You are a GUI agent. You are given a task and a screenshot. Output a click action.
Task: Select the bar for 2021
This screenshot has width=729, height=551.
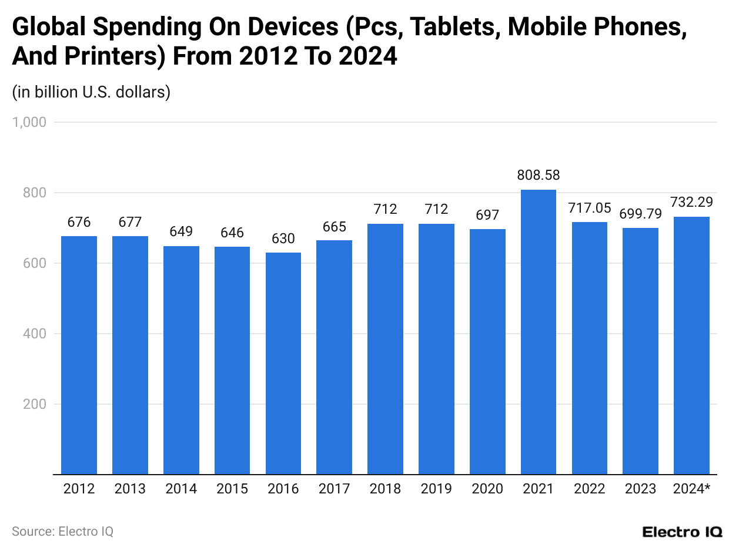(538, 332)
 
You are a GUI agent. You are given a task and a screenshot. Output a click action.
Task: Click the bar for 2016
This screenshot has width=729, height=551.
(283, 363)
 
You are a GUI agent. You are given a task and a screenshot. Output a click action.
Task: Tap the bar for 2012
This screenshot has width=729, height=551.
(79, 355)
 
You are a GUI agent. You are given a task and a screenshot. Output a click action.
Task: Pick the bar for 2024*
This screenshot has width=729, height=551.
(691, 345)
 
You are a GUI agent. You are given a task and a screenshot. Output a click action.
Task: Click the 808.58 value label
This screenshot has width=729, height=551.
(538, 175)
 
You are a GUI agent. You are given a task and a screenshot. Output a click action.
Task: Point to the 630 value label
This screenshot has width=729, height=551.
(283, 238)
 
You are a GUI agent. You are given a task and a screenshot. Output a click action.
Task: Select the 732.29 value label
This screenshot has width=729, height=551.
(691, 202)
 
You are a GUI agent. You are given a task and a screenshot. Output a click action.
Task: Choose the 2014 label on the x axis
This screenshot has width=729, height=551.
(181, 489)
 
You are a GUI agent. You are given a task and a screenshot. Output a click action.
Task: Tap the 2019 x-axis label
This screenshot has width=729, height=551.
(436, 489)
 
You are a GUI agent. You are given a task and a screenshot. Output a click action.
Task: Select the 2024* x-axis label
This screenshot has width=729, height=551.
(691, 489)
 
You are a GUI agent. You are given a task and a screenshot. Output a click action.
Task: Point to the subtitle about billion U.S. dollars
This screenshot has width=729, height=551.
(91, 92)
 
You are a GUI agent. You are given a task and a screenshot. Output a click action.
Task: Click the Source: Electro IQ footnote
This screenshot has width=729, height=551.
(62, 531)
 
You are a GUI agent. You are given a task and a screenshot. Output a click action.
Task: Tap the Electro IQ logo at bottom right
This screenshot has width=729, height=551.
(682, 532)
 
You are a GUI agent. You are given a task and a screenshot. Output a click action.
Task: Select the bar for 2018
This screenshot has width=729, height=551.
(385, 349)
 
